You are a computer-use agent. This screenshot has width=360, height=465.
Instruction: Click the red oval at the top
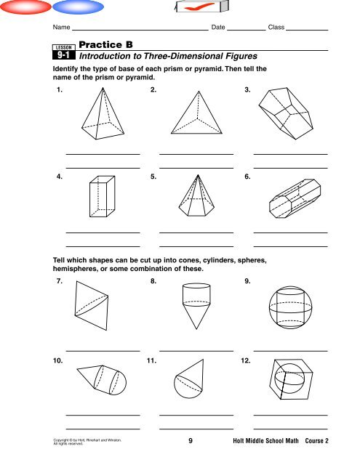pyautogui.click(x=26, y=7)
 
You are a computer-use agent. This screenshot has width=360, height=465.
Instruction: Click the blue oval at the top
pyautogui.click(x=78, y=7)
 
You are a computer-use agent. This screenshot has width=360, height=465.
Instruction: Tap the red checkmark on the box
pyautogui.click(x=199, y=7)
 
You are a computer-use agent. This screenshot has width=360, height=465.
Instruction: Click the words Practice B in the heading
pyautogui.click(x=105, y=44)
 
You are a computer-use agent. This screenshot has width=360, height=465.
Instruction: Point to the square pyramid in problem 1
pyautogui.click(x=103, y=113)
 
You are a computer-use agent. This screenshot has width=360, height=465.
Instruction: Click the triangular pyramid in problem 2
pyautogui.click(x=196, y=113)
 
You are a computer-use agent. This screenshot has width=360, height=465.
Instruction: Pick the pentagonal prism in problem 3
pyautogui.click(x=286, y=113)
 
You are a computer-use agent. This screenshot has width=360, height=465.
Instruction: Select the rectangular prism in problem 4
pyautogui.click(x=102, y=196)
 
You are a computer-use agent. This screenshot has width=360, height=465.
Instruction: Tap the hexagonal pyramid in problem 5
pyautogui.click(x=196, y=195)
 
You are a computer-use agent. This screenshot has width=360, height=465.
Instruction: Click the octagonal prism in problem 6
pyautogui.click(x=295, y=198)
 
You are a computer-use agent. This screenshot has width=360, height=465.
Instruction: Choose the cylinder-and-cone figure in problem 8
pyautogui.click(x=196, y=306)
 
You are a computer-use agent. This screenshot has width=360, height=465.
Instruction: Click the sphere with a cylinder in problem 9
pyautogui.click(x=291, y=307)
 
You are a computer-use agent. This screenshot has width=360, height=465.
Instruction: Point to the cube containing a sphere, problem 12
pyautogui.click(x=291, y=379)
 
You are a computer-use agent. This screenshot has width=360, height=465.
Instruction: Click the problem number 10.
pyautogui.click(x=58, y=360)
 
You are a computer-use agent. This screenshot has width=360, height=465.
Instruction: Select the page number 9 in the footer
pyautogui.click(x=191, y=441)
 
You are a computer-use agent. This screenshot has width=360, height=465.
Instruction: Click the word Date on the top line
pyautogui.click(x=218, y=28)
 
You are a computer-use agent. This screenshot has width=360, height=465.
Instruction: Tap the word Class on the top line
pyautogui.click(x=276, y=28)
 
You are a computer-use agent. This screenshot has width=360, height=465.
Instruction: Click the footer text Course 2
pyautogui.click(x=316, y=441)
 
